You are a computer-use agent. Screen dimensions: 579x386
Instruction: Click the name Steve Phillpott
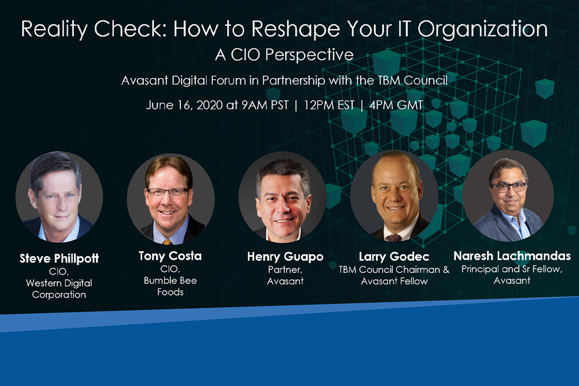pyautogui.click(x=59, y=258)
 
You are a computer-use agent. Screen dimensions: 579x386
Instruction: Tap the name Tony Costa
pyautogui.click(x=170, y=256)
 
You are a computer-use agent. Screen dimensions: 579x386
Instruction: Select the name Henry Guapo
pyautogui.click(x=285, y=256)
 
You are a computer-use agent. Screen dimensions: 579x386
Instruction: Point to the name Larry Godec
pyautogui.click(x=394, y=256)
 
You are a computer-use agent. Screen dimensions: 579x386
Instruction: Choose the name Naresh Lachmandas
pyautogui.click(x=512, y=256)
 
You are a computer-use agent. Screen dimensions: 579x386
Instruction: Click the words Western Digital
pyautogui.click(x=59, y=283)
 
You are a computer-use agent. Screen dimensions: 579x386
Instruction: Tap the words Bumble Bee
pyautogui.click(x=170, y=280)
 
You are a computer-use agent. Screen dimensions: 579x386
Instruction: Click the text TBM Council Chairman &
pyautogui.click(x=394, y=269)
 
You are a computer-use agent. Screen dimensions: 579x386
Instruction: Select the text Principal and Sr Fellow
pyautogui.click(x=512, y=269)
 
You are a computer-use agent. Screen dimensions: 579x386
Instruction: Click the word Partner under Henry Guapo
pyautogui.click(x=285, y=269)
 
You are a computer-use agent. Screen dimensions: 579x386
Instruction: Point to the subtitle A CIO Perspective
pyautogui.click(x=284, y=55)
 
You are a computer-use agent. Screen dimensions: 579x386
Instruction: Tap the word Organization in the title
pyautogui.click(x=482, y=29)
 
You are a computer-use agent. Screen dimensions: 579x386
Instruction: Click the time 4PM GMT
pyautogui.click(x=396, y=105)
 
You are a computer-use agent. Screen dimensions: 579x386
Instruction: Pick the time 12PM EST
pyautogui.click(x=329, y=105)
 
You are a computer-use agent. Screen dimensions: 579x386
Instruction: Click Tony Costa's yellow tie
pyautogui.click(x=168, y=242)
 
